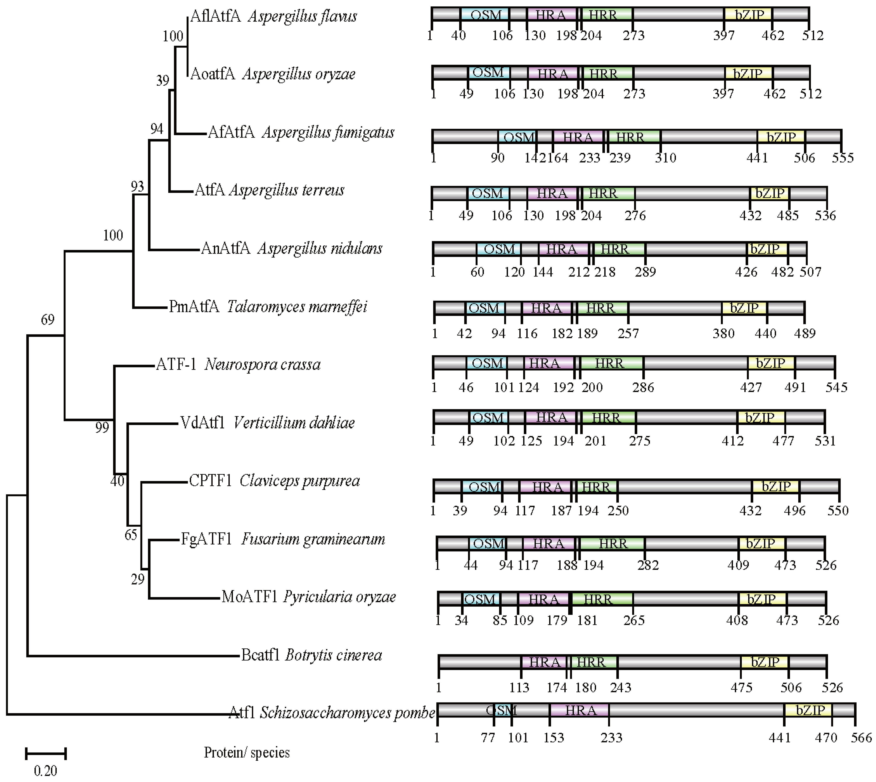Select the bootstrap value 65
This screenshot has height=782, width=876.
pyautogui.click(x=131, y=535)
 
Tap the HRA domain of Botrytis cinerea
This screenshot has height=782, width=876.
pyautogui.click(x=544, y=662)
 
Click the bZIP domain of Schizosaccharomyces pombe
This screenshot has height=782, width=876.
pyautogui.click(x=809, y=710)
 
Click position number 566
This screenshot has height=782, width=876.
pyautogui.click(x=861, y=738)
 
